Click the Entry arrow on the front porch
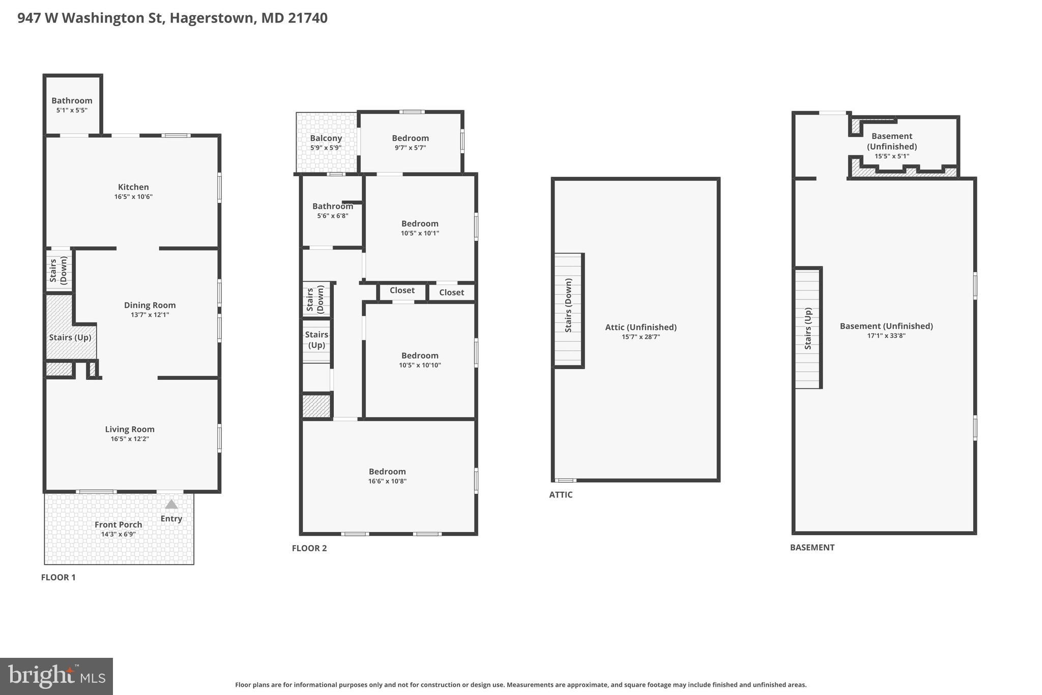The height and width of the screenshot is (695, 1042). pos(171,505)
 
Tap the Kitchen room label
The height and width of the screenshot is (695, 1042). pos(133,187)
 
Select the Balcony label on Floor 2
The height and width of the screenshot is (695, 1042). pos(326,138)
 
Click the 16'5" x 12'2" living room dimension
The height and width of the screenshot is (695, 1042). pos(130,439)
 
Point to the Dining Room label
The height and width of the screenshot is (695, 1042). pos(150,305)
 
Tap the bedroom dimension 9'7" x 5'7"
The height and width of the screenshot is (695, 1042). pos(410,148)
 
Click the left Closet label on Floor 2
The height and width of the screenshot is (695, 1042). pos(402,290)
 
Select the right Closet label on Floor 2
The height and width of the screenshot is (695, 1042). pos(451,292)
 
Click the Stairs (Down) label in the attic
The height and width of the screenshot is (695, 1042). pos(569,305)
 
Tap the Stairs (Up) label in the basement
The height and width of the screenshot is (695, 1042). pos(808,328)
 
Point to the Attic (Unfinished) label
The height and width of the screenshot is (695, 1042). pos(641,327)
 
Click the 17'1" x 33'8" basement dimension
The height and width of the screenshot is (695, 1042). pos(886,336)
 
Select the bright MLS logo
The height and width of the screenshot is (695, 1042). pos(56,676)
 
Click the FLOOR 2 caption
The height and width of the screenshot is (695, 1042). pos(309,548)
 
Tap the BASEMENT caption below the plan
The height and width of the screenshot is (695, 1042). pos(812,547)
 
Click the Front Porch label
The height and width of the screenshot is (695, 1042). pos(118,524)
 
